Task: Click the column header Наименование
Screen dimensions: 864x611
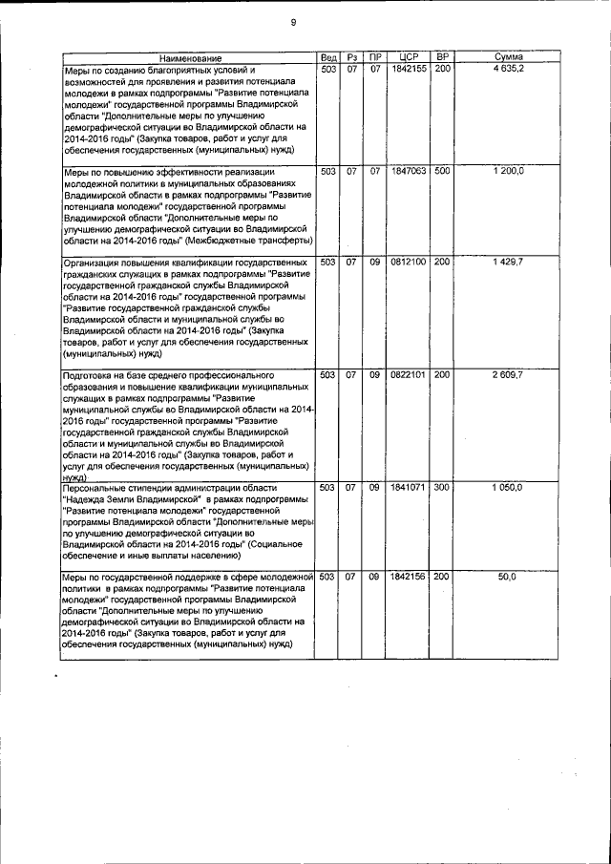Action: coord(190,59)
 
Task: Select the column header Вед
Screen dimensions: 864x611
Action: coord(327,58)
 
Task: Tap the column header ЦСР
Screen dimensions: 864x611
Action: coord(410,58)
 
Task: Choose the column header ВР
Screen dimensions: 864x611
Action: coord(442,58)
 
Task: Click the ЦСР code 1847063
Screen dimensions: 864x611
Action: coord(409,171)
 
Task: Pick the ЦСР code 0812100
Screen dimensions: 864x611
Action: coord(409,262)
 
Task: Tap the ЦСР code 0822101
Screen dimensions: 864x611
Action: coord(409,374)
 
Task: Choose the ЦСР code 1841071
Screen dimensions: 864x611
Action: coord(409,487)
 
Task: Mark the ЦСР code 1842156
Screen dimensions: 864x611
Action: coord(409,578)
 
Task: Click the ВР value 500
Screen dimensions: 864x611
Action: coord(443,171)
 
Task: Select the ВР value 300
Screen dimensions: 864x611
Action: coord(443,487)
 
